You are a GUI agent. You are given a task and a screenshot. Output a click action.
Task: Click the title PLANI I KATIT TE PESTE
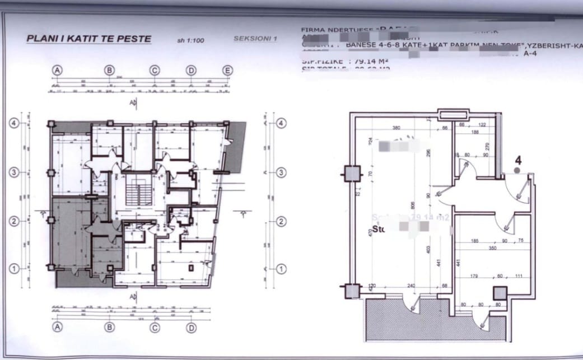click(x=88, y=39)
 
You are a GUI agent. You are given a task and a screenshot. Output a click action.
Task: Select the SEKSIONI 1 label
click(x=255, y=39)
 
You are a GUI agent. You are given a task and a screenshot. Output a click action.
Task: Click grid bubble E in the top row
click(x=227, y=70)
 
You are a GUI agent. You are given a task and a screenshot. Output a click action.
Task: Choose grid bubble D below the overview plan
click(x=192, y=326)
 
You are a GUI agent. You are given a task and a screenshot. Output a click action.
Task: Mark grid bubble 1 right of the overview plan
click(x=281, y=269)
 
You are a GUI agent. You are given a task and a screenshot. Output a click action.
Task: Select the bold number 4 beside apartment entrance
click(x=517, y=159)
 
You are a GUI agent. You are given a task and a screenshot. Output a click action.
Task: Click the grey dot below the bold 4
click(x=517, y=169)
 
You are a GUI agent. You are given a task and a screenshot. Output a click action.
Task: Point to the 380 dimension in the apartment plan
click(x=397, y=127)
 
